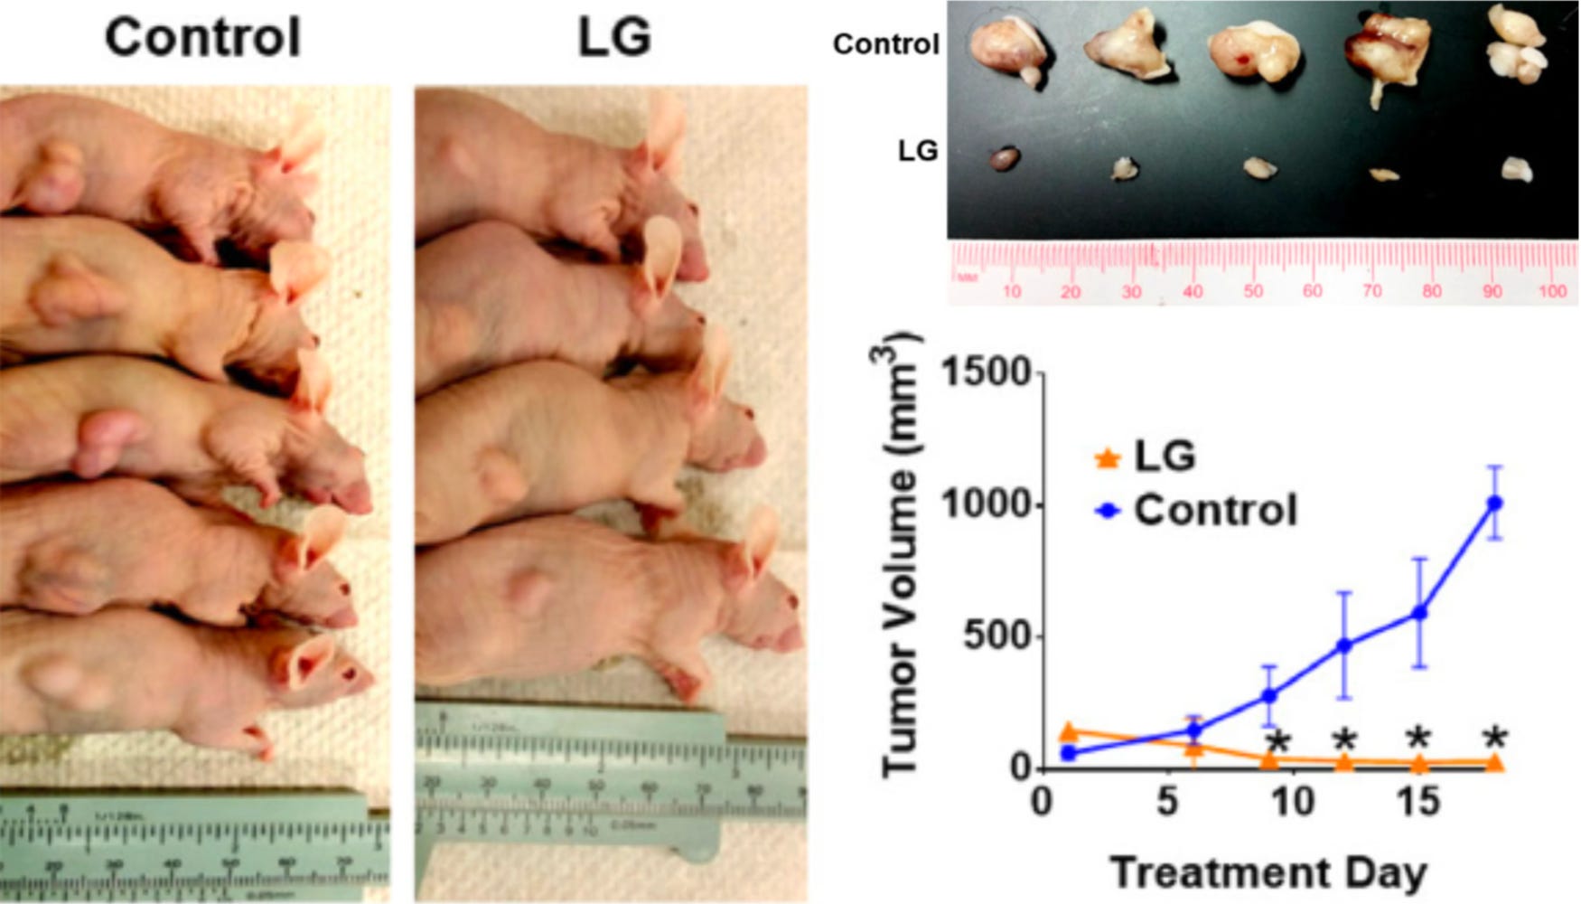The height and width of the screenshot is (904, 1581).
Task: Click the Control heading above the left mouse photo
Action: (x=202, y=38)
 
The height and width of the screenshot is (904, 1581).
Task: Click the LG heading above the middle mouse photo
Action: (x=613, y=38)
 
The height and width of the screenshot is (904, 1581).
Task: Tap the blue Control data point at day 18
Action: (x=1494, y=503)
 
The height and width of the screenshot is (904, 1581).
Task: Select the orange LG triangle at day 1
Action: (x=1069, y=732)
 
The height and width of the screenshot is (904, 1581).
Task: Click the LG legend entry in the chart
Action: (x=1147, y=456)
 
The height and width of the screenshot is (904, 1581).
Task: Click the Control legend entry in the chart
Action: (x=1198, y=511)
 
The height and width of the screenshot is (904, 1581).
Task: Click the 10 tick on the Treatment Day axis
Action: (x=1293, y=802)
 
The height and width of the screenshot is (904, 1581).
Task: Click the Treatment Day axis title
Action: (x=1268, y=873)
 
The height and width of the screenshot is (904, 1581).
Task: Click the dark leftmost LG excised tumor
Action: (x=1004, y=160)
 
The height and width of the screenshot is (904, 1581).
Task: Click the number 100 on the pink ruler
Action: (x=1552, y=292)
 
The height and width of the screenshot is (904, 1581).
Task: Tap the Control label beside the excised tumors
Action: (x=885, y=44)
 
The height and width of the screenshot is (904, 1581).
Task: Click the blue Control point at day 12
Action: (x=1343, y=645)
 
